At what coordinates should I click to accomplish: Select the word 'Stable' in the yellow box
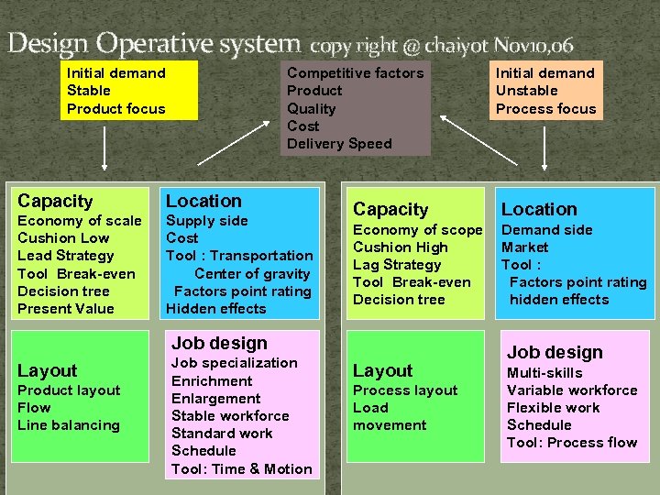pos(89,91)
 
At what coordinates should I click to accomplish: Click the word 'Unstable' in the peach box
pos(527,91)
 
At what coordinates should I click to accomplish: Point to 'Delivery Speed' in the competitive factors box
pos(339,144)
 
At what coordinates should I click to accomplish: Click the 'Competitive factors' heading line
pos(356,73)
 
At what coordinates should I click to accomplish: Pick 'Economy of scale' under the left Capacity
pos(80,221)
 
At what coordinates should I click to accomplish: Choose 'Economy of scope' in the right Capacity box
pos(417,230)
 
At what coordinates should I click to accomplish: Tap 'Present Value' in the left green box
pos(66,309)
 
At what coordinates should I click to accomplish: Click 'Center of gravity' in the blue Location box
pos(252,274)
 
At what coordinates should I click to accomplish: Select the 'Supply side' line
pos(207,221)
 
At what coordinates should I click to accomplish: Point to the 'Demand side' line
pos(547,230)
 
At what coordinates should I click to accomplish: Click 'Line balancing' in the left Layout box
pos(69,425)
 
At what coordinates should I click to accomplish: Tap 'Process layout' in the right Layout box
pos(405,390)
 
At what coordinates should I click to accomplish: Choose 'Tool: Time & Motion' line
pos(242,469)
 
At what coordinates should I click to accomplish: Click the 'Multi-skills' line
pos(544,373)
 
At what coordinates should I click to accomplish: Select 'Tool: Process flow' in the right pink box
pos(572,443)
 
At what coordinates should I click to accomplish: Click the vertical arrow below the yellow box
pos(104,147)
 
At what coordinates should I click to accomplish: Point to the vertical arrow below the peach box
pos(542,147)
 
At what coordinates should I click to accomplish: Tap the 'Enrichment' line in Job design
pos(212,381)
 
